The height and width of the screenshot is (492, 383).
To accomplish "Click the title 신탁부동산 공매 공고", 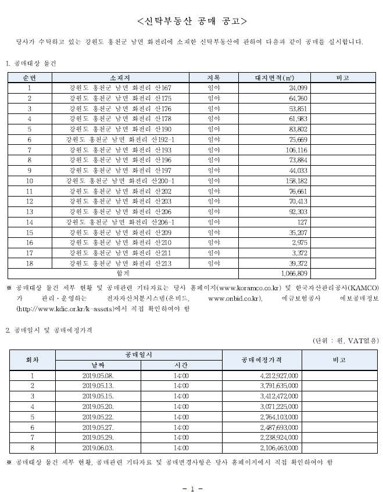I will pyautogui.click(x=192, y=22).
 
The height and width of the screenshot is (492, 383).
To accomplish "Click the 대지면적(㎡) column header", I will pyautogui.click(x=274, y=77).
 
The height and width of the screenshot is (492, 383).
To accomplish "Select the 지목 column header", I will pyautogui.click(x=214, y=77).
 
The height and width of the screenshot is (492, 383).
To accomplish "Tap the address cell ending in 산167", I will pyautogui.click(x=119, y=87).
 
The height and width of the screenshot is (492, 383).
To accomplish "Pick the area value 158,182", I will pyautogui.click(x=293, y=181).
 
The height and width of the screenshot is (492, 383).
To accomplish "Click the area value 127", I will pyautogui.click(x=302, y=223).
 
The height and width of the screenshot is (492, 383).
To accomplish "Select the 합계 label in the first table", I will pyautogui.click(x=123, y=273).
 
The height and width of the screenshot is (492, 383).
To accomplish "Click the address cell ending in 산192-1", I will pyautogui.click(x=119, y=140).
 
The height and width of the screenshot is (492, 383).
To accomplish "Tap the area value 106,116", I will pyautogui.click(x=293, y=150).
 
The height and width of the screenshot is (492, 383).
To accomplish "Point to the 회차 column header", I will pyautogui.click(x=33, y=359).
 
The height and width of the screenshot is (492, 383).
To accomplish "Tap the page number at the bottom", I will pyautogui.click(x=192, y=487).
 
